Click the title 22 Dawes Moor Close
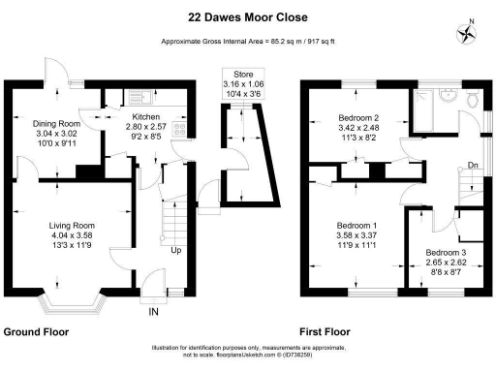[248, 16]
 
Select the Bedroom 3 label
[446, 254]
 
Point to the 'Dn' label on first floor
[472, 165]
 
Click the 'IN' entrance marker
[152, 311]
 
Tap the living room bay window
[71, 301]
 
